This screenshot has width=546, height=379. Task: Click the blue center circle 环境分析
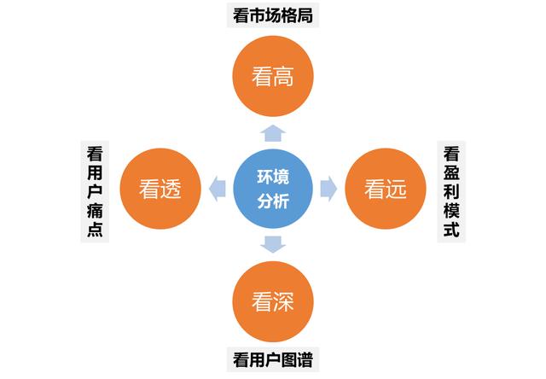[x=273, y=189]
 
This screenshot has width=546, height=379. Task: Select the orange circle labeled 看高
[x=273, y=76]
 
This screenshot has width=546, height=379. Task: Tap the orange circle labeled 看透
[x=160, y=189]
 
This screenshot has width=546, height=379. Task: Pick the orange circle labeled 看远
[x=386, y=189]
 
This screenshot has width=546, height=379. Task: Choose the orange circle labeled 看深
[x=273, y=301]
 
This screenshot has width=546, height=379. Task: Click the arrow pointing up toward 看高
[x=273, y=133]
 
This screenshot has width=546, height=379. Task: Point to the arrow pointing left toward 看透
[x=218, y=189]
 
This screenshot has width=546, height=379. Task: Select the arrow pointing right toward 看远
[x=328, y=189]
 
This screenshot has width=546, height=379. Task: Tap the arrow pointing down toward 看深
[x=273, y=244]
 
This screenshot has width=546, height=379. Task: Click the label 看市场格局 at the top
[x=273, y=15]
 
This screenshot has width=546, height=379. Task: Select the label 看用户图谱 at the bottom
[x=273, y=359]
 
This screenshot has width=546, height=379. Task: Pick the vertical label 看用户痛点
[x=95, y=191]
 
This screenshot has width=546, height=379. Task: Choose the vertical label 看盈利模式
[x=451, y=191]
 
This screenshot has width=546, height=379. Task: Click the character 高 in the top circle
[x=284, y=77]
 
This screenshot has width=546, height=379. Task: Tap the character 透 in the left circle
[x=171, y=189]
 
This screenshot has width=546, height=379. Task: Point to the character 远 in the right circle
[x=396, y=189]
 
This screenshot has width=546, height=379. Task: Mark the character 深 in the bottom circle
[x=284, y=301]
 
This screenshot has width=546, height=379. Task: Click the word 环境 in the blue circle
[x=273, y=177]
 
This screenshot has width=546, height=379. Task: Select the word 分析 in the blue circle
[x=273, y=201]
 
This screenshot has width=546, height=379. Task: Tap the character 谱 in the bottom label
[x=305, y=359]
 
